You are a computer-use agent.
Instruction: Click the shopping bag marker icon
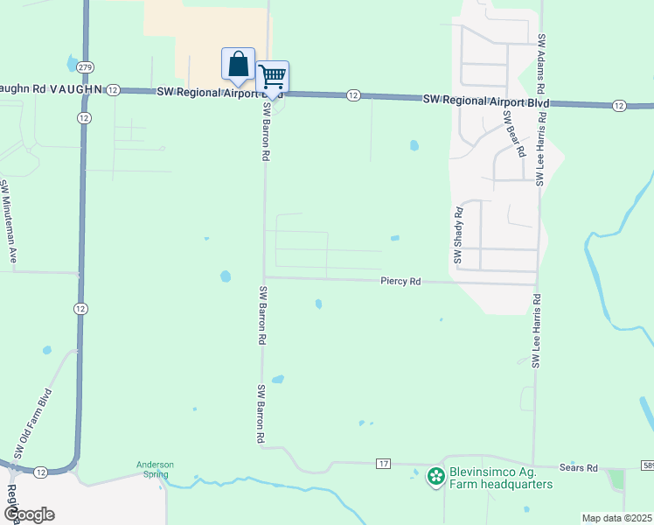tap(238, 64)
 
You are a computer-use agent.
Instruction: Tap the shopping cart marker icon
tap(272, 77)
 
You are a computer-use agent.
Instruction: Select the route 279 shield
tap(85, 67)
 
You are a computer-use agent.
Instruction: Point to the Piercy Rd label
tap(401, 282)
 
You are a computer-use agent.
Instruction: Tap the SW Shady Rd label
tap(457, 235)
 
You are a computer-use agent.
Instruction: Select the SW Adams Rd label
tap(542, 65)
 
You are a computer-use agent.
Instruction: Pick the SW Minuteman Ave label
tap(8, 221)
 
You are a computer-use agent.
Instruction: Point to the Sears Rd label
tap(579, 468)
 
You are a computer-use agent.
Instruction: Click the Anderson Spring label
tap(155, 469)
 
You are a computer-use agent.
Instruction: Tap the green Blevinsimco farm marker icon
tap(435, 477)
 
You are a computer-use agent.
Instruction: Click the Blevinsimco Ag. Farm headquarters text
tap(500, 478)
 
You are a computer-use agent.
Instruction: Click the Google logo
tap(28, 514)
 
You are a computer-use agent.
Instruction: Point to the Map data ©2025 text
tap(616, 518)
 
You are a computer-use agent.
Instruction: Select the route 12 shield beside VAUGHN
tap(113, 90)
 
